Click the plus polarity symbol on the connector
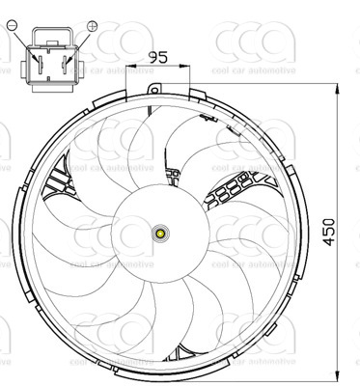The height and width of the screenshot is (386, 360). pyautogui.click(x=92, y=25)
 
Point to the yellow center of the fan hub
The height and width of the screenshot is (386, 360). pyautogui.click(x=160, y=234)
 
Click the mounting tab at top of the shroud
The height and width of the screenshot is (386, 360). pyautogui.click(x=153, y=88)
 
